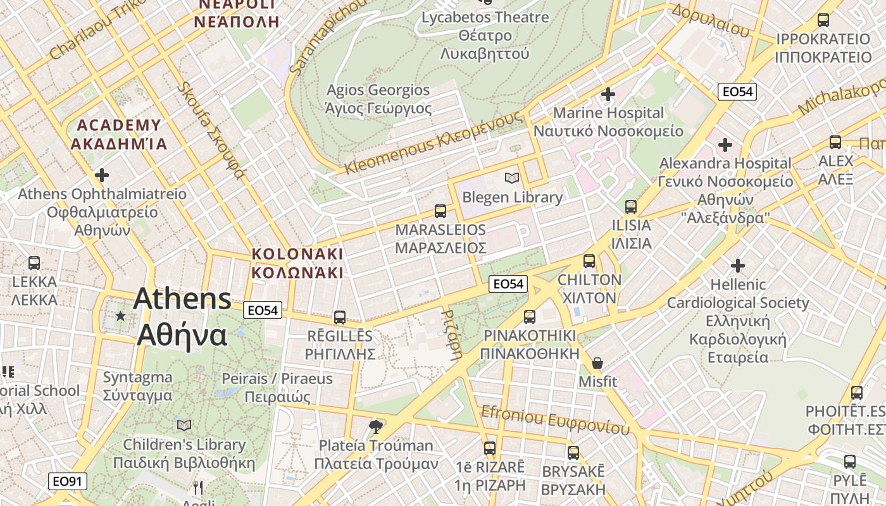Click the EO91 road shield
(68, 481)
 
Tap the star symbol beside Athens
(120, 315)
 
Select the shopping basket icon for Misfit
(597, 363)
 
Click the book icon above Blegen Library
(511, 179)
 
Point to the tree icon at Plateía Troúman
(376, 426)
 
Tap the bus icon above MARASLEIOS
(440, 211)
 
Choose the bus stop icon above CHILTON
(589, 261)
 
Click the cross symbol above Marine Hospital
(608, 94)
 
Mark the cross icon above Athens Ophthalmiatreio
(101, 175)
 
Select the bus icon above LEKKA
(34, 262)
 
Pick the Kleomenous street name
(434, 143)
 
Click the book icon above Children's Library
(184, 425)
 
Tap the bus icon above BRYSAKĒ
(573, 453)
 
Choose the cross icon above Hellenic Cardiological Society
(737, 266)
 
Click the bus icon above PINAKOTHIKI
(530, 316)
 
